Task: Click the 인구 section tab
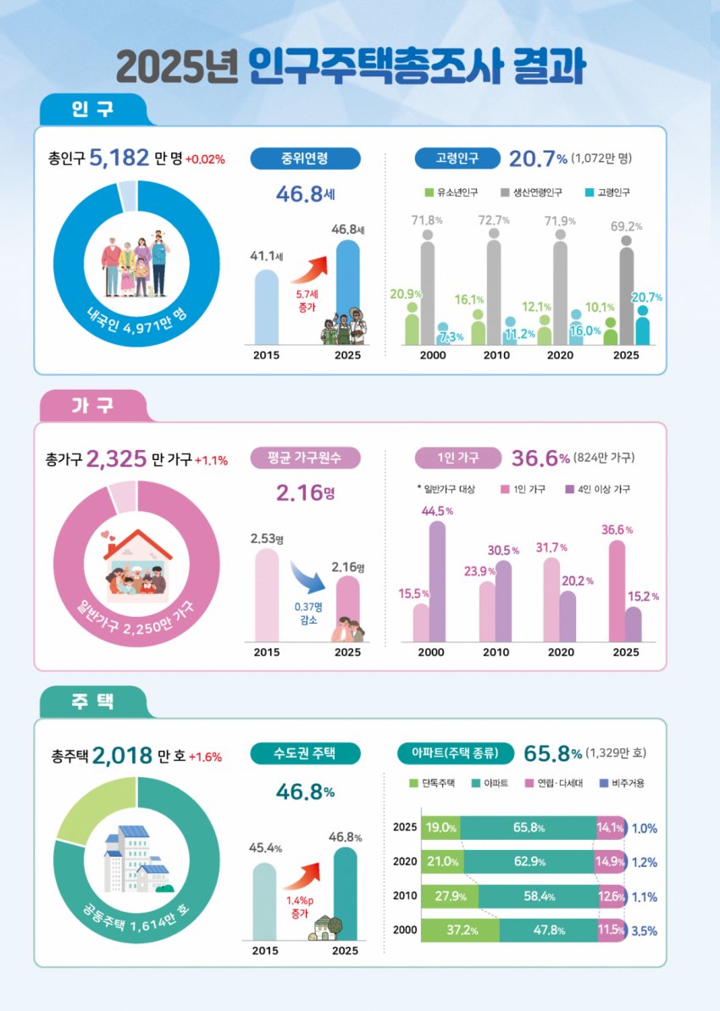[x=93, y=109]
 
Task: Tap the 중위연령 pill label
[x=306, y=158]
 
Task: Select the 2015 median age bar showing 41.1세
[x=267, y=307]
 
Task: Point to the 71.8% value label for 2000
[x=427, y=219]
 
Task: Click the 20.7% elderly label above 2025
[x=646, y=297]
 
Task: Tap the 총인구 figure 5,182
[x=119, y=157]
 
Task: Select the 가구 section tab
[x=93, y=406]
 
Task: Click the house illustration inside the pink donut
[x=137, y=564]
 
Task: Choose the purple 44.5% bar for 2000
[x=437, y=581]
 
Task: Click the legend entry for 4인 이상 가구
[x=598, y=489]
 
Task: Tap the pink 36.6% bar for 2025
[x=617, y=592]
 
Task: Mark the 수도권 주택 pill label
[x=306, y=753]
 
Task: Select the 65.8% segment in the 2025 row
[x=529, y=828]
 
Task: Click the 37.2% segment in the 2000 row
[x=460, y=930]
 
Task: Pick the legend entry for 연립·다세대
[x=554, y=783]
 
